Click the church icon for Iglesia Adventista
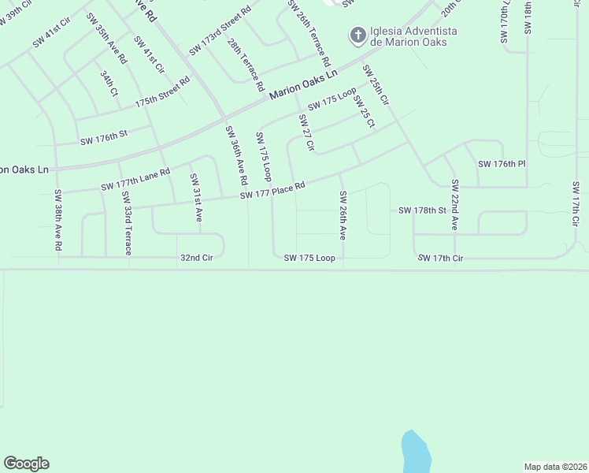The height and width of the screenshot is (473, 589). click(x=357, y=35)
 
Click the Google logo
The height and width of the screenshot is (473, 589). click(x=26, y=464)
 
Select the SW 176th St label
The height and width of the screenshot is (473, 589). click(x=103, y=140)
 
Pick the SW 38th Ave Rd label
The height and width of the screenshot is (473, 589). click(x=58, y=220)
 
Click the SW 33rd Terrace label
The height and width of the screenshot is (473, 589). click(x=126, y=222)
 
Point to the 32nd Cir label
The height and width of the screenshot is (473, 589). click(x=197, y=257)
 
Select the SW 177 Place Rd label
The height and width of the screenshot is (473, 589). click(x=272, y=190)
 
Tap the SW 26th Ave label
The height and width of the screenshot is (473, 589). click(x=343, y=215)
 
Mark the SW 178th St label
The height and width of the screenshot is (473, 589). click(x=422, y=210)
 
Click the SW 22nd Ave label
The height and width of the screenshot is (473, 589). click(x=454, y=204)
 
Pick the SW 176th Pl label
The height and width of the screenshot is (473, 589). click(x=501, y=163)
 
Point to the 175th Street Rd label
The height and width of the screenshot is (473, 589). click(x=162, y=92)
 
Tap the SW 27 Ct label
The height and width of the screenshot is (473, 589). click(x=306, y=132)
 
